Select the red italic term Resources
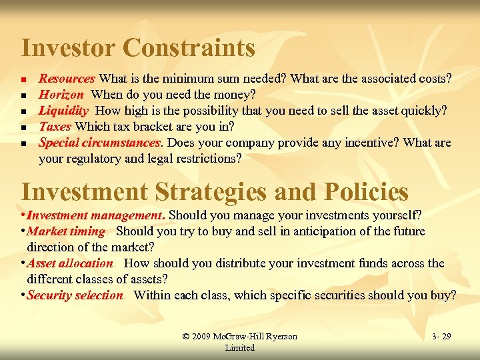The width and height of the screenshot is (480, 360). point(67,79)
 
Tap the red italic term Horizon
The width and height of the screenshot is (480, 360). point(61,95)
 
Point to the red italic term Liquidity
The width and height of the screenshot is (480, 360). point(64,111)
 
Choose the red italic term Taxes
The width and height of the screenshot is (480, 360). point(56,127)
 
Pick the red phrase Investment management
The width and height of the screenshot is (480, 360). point(96,215)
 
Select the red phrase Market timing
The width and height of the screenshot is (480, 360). point(66,231)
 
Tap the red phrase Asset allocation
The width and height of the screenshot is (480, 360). point(70,263)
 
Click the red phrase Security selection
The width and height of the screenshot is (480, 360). point(75,295)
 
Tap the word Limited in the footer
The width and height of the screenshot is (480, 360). point(239,347)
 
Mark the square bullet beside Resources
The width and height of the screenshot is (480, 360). point(24,79)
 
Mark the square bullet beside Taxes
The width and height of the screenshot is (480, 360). point(24,127)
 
